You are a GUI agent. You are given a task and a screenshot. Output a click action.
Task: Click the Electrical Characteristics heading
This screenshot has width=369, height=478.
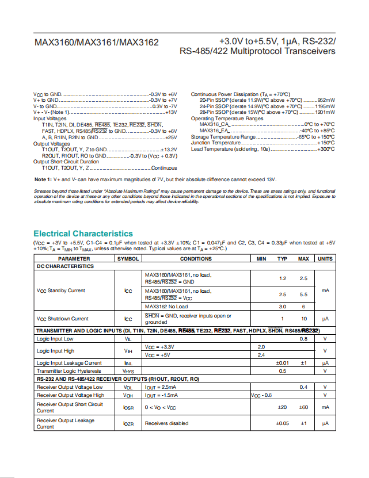pos(83,234)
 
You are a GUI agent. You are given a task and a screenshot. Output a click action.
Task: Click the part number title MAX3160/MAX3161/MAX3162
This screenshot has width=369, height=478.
pos(96,43)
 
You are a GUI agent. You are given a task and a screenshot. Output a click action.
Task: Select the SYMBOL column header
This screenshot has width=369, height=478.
pos(128,259)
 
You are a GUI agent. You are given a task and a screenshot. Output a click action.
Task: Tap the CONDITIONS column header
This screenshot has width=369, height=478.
pos(196,259)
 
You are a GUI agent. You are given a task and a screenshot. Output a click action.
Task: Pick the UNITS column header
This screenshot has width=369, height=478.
pos(325,259)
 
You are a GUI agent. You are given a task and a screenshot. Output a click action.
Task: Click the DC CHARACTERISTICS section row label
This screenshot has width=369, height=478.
pos(65,266)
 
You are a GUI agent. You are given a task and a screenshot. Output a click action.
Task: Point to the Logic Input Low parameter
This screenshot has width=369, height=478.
pos(55,339)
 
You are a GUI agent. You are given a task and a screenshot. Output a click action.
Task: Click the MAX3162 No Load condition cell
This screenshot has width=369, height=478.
pos(166,307)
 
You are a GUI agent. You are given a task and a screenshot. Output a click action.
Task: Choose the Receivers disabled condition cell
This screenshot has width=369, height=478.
pos(166,423)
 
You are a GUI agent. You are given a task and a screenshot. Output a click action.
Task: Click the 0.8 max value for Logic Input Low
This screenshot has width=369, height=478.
pos(303,339)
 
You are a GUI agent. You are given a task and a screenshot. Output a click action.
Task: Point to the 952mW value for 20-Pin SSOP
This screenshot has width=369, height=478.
pos(326,100)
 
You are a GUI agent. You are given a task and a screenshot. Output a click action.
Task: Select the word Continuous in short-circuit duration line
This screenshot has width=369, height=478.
pos(164,168)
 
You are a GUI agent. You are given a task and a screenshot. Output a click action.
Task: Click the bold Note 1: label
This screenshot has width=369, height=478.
pos(44,180)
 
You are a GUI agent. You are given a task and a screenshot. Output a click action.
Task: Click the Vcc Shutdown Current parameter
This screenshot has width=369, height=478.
pos(63,319)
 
